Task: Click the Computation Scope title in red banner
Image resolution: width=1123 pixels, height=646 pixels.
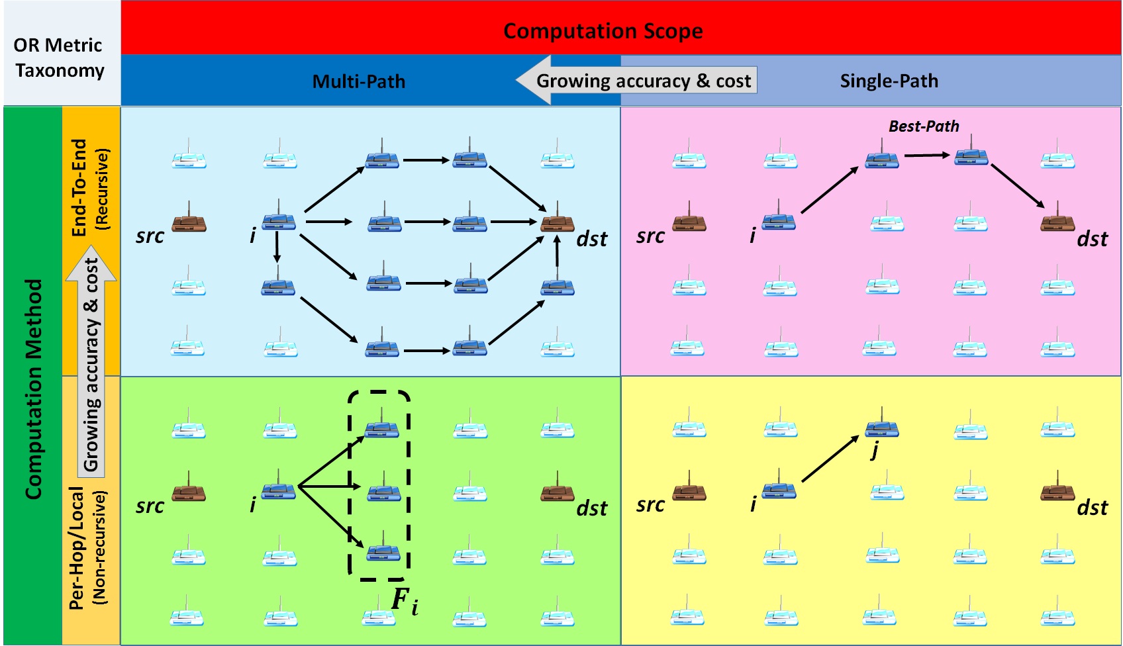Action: pos(603,31)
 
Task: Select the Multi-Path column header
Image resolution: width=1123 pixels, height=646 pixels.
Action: pos(358,81)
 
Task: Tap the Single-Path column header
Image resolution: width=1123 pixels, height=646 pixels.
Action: pos(889,81)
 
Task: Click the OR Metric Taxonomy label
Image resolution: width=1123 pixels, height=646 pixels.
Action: pos(59,58)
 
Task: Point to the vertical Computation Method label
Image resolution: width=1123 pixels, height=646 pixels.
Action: pos(33,389)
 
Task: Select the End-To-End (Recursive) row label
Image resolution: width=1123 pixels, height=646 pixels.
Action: pos(89,188)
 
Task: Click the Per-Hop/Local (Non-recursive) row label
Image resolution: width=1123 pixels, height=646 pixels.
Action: pos(87,547)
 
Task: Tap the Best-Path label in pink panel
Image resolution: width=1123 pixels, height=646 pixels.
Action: pos(923,126)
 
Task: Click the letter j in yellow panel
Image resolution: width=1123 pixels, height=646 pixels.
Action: pos(875,451)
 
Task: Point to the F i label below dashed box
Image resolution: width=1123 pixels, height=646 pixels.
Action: pos(404,601)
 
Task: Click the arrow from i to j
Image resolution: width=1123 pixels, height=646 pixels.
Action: pos(830,459)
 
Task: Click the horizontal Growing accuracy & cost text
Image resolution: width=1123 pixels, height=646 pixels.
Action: pos(644,81)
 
